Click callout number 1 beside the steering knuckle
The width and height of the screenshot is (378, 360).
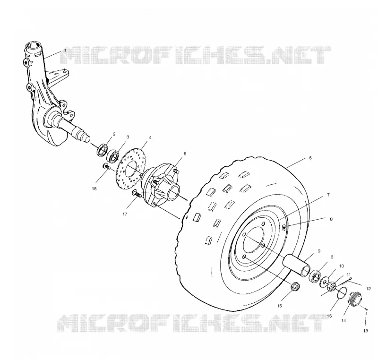(x=65, y=51)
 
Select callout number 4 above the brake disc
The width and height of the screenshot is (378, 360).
(x=150, y=138)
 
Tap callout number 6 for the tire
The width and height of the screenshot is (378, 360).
(x=310, y=158)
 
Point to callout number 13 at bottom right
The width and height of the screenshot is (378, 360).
(x=366, y=331)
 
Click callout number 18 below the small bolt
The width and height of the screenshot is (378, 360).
(x=94, y=189)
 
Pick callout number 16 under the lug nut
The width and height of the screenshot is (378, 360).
(x=279, y=306)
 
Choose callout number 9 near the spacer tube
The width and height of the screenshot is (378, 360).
(x=319, y=251)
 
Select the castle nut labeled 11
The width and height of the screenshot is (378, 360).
(x=332, y=286)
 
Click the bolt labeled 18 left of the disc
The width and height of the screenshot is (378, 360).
(x=106, y=166)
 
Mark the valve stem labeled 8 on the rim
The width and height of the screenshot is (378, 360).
(x=284, y=226)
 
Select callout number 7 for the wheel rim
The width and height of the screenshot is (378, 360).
(x=328, y=195)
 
